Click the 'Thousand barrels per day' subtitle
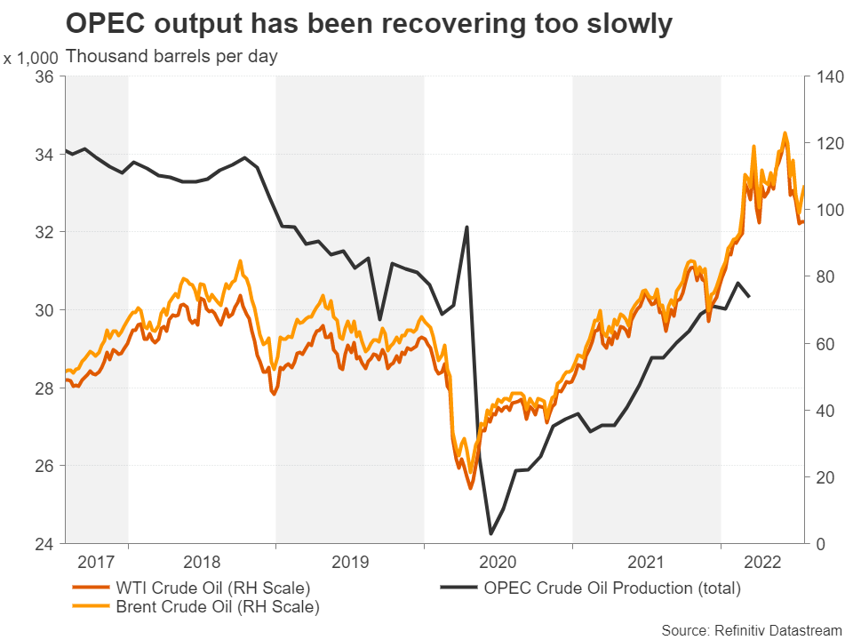[x=171, y=57]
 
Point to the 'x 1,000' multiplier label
[x=31, y=58]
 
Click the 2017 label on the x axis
[x=96, y=564]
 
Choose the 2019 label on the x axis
[x=349, y=564]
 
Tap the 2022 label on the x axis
[x=763, y=564]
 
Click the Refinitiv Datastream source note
[x=752, y=629]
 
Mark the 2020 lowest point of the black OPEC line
[x=491, y=533]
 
